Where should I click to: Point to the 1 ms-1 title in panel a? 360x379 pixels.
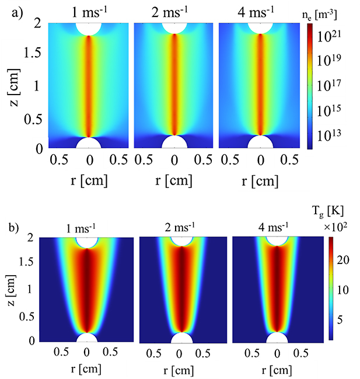89,12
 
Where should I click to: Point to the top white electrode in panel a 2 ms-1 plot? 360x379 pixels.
174,27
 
